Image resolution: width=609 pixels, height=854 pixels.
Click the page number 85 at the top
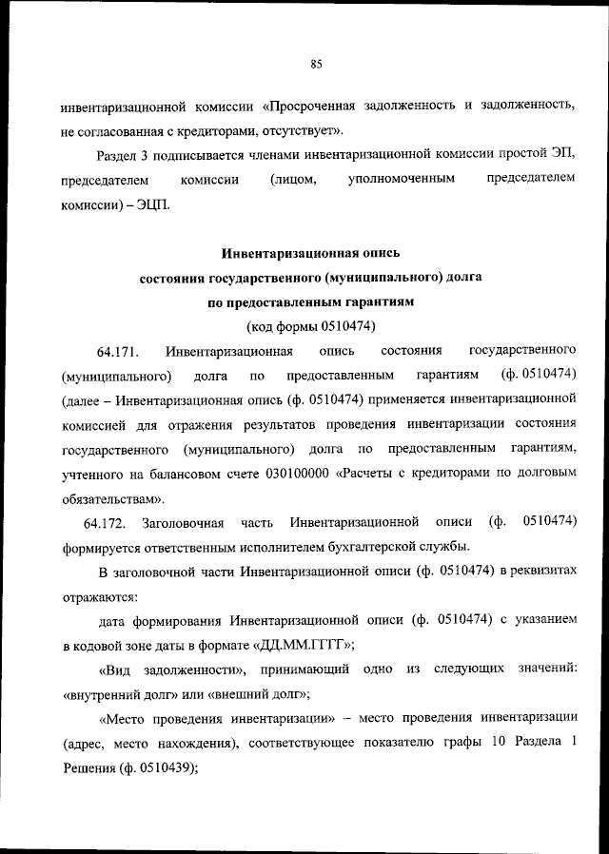click(x=316, y=65)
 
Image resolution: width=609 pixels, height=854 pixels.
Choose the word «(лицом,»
click(x=292, y=180)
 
